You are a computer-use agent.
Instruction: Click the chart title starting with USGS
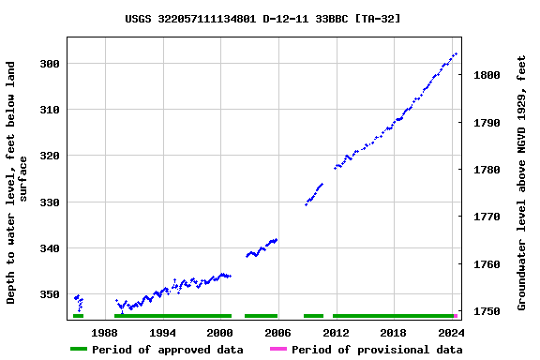point(263,18)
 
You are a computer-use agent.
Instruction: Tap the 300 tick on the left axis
point(49,64)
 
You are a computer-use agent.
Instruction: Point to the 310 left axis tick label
point(49,110)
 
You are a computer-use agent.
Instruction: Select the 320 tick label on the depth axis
point(49,156)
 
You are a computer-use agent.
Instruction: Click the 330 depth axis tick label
point(49,202)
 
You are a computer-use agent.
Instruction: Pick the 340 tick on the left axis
point(49,248)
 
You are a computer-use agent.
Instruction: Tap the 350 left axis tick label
point(49,294)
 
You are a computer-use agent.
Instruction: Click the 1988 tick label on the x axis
point(104,332)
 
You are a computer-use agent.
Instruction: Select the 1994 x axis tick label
point(162,332)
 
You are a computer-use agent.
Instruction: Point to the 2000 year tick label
point(220,332)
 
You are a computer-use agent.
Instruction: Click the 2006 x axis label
point(277,332)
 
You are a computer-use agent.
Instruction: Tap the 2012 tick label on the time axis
point(336,332)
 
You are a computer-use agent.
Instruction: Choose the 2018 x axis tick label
point(394,332)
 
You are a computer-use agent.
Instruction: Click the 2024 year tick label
point(451,332)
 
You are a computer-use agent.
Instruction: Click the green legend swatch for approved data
point(79,350)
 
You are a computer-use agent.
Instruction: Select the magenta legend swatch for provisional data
point(278,350)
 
